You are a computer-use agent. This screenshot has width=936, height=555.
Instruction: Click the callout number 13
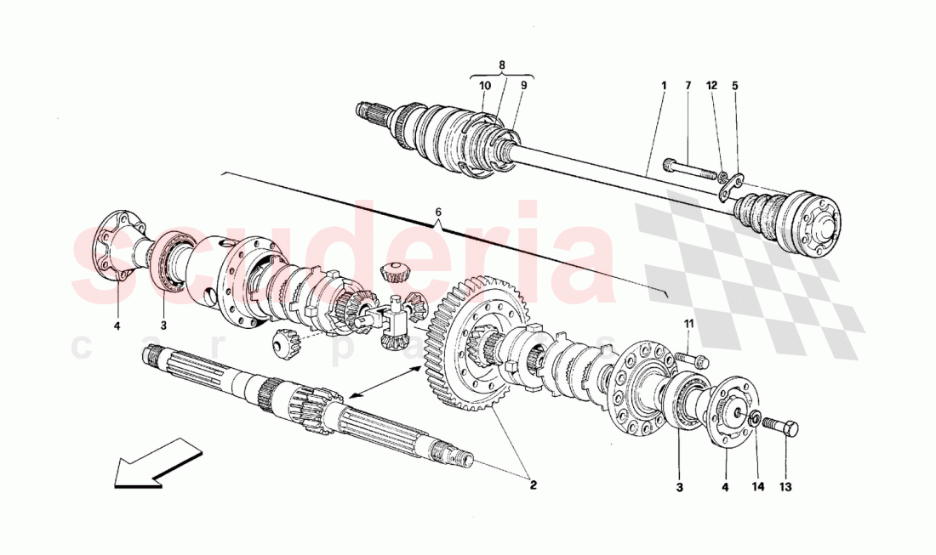coord(785,487)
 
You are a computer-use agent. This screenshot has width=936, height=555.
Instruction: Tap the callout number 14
coord(758,487)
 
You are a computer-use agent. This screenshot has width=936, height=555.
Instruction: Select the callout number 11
coord(689,324)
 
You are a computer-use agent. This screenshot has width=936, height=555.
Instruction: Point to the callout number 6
coord(438,212)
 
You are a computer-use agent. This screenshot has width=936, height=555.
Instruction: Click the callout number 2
coord(533,486)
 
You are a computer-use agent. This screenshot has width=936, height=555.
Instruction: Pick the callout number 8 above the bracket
coord(502,65)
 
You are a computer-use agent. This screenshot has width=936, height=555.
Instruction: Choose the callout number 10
coord(484,86)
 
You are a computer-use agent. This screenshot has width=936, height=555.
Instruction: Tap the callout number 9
coord(524,86)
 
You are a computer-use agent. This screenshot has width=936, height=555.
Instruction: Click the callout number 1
coord(662,86)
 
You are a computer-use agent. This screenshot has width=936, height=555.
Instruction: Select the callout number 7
coord(688,86)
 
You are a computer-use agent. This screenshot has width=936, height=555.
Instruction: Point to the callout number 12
coord(712,86)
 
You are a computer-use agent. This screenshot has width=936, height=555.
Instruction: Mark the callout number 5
coord(735,86)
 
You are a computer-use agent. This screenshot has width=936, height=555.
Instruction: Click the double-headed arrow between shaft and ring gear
coord(380,382)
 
